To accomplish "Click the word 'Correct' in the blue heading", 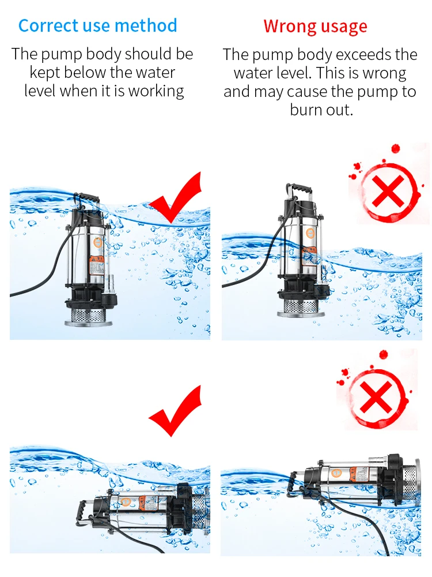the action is [x=48, y=26].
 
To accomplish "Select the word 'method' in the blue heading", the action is [x=146, y=25].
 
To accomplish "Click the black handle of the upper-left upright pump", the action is [x=87, y=197].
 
